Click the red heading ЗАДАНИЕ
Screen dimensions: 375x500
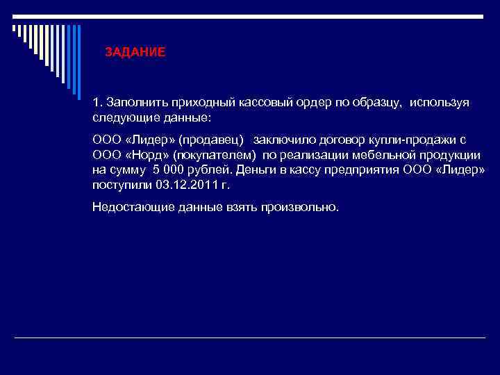135,52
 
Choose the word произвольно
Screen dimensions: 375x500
300,207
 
